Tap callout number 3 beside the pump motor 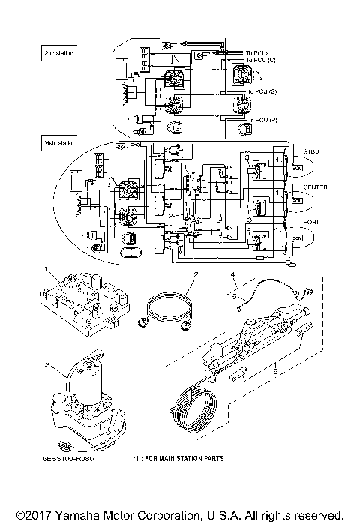tap(46, 365)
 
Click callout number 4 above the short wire tap(233, 276)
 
